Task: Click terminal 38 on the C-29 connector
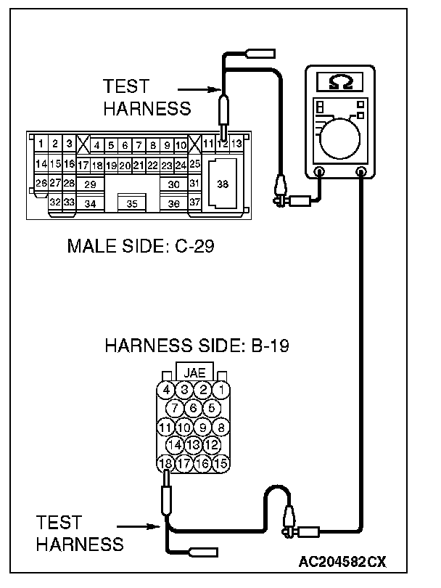pyautogui.click(x=223, y=184)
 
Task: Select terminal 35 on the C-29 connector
pyautogui.click(x=132, y=204)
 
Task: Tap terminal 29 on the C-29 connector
pyautogui.click(x=90, y=184)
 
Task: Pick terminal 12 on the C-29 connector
pyautogui.click(x=223, y=144)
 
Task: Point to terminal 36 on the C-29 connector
pyautogui.click(x=173, y=204)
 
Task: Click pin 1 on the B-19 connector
pyautogui.click(x=222, y=390)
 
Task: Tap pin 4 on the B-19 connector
pyautogui.click(x=166, y=390)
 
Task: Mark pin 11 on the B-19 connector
pyautogui.click(x=165, y=427)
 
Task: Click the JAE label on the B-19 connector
pyautogui.click(x=194, y=372)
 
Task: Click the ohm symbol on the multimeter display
pyautogui.click(x=342, y=82)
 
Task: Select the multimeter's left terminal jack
pyautogui.click(x=319, y=172)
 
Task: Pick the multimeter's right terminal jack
pyautogui.click(x=362, y=172)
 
